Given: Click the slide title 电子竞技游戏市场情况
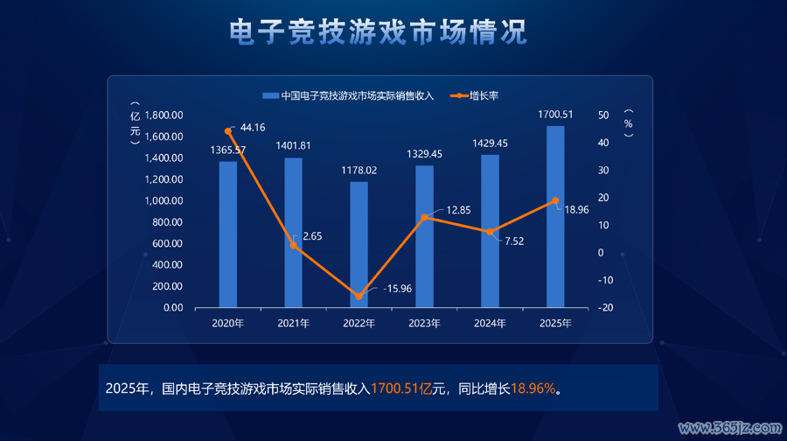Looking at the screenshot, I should pos(378,32).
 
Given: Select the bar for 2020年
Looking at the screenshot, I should pos(228,234).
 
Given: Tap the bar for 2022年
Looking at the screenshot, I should pos(359,244).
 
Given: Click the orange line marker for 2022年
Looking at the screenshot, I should pos(359,297).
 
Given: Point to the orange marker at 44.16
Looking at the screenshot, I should pos(228,131).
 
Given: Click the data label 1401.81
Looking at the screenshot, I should pos(293,145).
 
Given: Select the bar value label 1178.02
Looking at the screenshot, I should pos(359,170).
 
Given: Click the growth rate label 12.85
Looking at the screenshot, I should pos(458,210).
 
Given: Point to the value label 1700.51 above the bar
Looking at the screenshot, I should pos(555,114).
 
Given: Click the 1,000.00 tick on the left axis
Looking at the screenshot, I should pos(164,200).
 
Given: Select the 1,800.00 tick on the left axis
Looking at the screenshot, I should pos(164,115).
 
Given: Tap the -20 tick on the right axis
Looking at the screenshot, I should pos(605,308).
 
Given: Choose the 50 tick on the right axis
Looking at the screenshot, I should pos(603,115).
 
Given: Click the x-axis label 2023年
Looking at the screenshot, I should pos(424,324).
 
